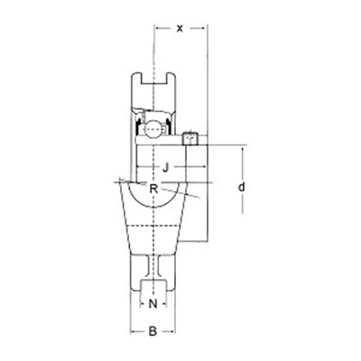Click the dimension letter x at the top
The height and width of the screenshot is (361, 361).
(180, 28)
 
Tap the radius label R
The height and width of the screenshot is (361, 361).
(154, 188)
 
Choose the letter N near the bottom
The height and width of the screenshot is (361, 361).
(153, 303)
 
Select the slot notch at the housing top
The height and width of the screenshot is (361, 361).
(155, 87)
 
